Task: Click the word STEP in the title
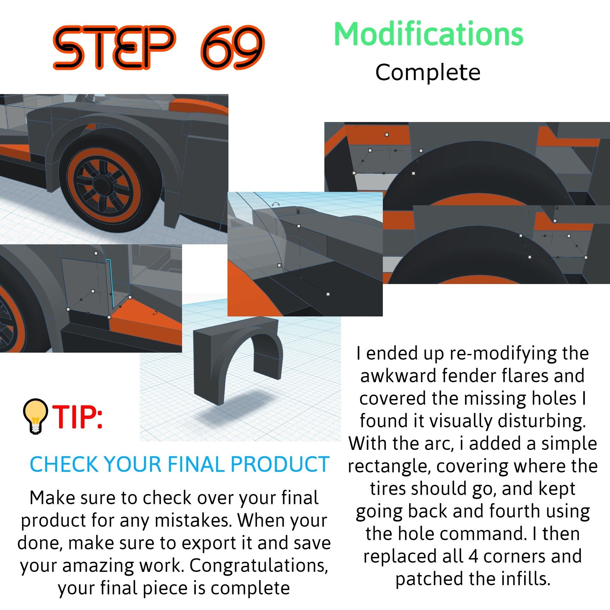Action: [114, 48]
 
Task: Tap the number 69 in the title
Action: [232, 48]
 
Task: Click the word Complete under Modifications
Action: [428, 73]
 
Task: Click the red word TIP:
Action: [78, 417]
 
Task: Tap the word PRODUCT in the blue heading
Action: [280, 464]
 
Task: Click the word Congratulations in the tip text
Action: [259, 566]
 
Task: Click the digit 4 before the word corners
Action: [473, 556]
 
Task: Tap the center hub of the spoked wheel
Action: [101, 185]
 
